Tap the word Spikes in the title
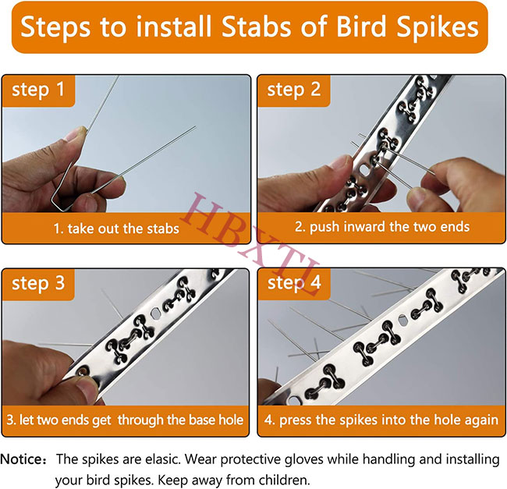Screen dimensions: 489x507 point(438,29)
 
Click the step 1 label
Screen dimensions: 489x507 point(38,90)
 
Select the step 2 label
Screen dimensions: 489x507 point(294,90)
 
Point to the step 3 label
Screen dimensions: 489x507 point(38,283)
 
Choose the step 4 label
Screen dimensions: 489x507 point(294,283)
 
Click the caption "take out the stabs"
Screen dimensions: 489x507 point(116,229)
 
